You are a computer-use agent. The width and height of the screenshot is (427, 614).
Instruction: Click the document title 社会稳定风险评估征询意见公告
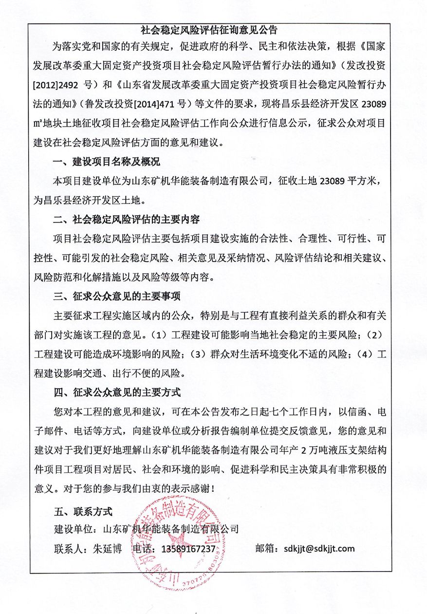pos(209,30)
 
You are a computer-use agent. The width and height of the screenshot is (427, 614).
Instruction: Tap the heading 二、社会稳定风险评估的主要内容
pos(127,220)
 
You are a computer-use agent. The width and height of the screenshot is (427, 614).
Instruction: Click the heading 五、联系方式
pos(83,512)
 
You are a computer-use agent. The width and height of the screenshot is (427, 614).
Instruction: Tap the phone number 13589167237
pos(187,549)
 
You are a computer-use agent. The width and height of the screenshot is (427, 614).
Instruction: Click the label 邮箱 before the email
pos(266,549)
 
